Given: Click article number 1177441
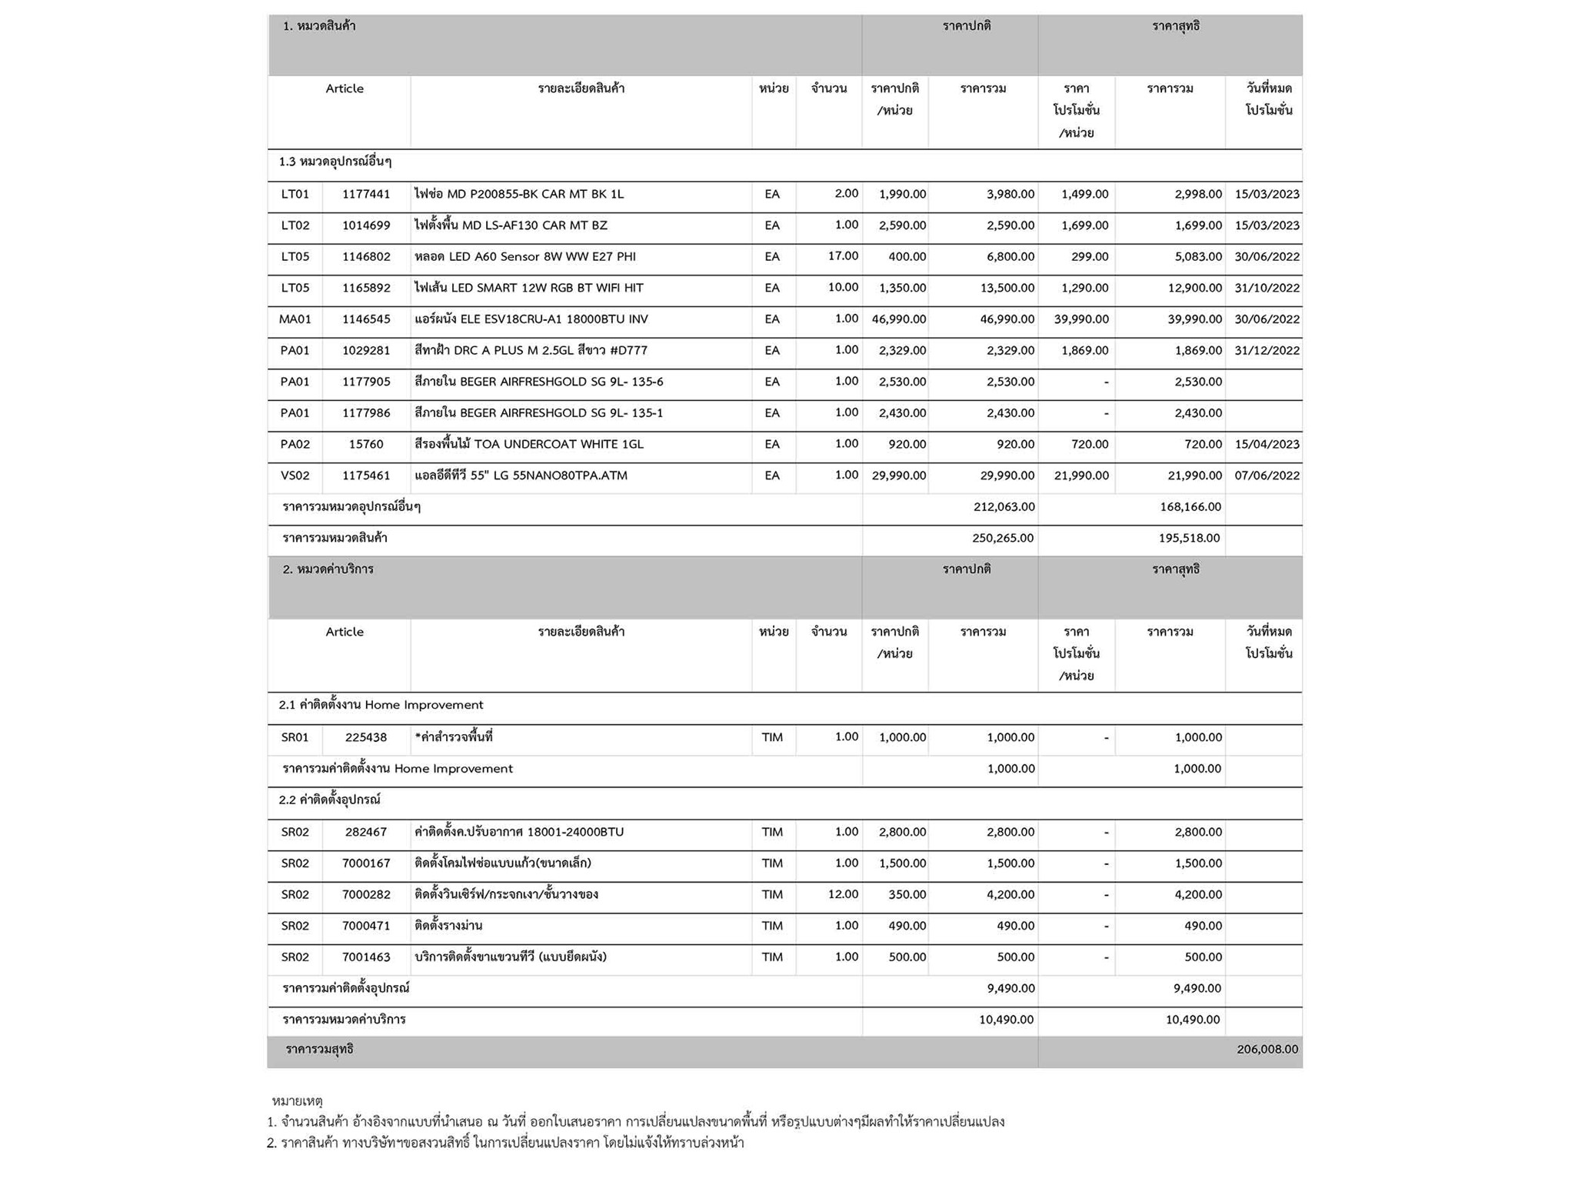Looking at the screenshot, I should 366,194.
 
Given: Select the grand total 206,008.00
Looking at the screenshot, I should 1267,1049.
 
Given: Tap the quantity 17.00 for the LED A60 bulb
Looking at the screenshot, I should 843,255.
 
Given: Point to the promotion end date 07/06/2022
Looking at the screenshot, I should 1267,476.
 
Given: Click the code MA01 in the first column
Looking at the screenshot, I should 295,319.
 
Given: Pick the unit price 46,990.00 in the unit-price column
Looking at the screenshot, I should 898,319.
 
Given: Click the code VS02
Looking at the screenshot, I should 295,476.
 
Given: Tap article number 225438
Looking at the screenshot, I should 366,737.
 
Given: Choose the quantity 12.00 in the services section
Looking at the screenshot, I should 843,894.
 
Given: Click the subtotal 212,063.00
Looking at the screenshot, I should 1003,506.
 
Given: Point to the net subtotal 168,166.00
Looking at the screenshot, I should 1190,506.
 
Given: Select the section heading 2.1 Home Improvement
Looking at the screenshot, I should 381,705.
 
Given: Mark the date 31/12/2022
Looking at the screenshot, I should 1267,350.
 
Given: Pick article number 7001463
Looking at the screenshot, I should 366,957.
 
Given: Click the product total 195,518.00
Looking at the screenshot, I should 1189,538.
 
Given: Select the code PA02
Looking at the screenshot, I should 295,444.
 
